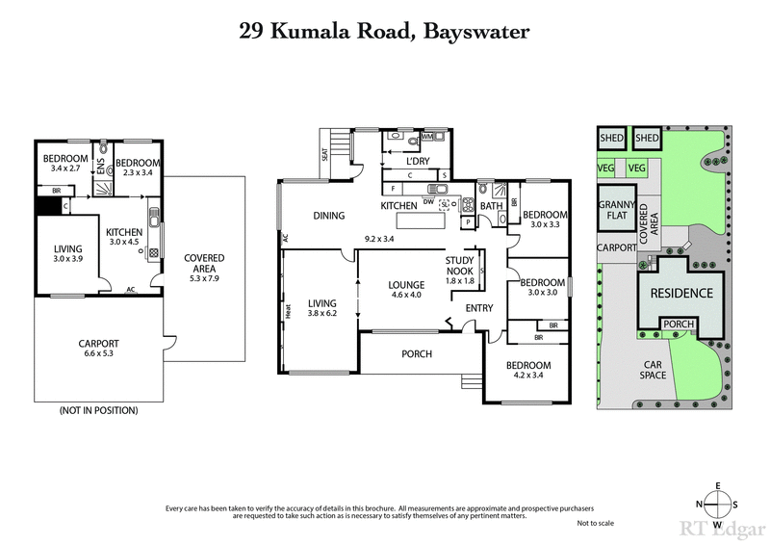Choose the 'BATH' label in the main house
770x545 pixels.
pos(492,206)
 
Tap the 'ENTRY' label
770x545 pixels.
pos(478,308)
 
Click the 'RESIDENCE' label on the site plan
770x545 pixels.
pos(680,294)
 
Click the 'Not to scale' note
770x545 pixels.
pos(596,522)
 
